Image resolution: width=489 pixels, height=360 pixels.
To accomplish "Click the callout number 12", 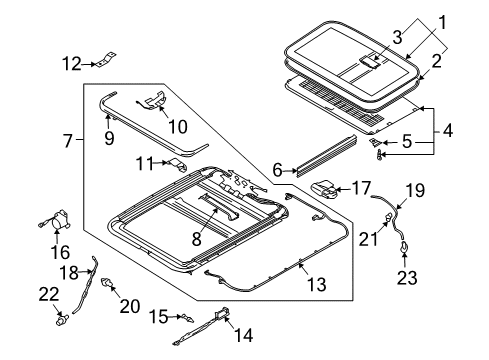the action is [x=72, y=64].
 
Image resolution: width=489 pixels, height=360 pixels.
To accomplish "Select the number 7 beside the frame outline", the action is [x=68, y=141].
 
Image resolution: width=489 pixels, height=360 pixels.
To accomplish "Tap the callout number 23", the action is [x=407, y=278].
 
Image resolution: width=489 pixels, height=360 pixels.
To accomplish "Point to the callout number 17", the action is [x=361, y=188].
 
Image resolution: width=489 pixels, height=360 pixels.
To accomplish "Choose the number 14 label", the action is [x=243, y=335].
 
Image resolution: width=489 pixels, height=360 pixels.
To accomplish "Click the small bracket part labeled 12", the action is [x=106, y=59].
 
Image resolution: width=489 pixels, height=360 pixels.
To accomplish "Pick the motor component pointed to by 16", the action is [x=57, y=220].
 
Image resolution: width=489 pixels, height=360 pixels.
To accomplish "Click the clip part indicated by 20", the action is [x=107, y=283].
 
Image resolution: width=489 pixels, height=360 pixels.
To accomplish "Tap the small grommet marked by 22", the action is [x=61, y=320].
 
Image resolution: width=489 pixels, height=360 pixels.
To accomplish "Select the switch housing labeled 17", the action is [x=325, y=190].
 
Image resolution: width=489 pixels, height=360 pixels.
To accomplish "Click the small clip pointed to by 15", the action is [x=187, y=318].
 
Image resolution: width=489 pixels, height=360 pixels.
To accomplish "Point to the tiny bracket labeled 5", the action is [x=375, y=142].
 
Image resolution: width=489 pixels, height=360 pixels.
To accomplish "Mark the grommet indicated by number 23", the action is [x=404, y=247].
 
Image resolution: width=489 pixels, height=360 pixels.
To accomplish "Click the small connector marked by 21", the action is [x=388, y=217].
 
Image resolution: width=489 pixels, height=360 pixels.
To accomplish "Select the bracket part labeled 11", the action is [x=178, y=164].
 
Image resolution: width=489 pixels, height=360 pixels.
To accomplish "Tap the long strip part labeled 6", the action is [x=327, y=155].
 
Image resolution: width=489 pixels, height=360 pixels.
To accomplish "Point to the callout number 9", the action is [x=109, y=138].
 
